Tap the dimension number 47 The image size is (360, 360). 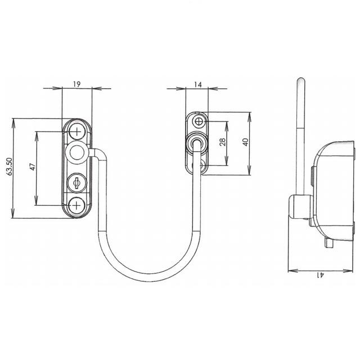pyautogui.click(x=32, y=167)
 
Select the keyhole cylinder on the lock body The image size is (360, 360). pyautogui.click(x=76, y=183)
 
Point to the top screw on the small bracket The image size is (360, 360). pyautogui.click(x=199, y=122)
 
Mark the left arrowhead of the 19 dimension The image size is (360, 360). pyautogui.click(x=60, y=88)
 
